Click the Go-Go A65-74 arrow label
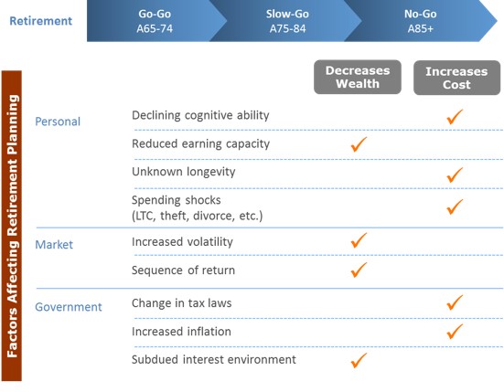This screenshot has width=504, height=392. [x=155, y=21]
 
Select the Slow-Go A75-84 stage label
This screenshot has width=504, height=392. [x=288, y=21]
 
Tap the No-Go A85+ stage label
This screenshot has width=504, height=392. [x=421, y=21]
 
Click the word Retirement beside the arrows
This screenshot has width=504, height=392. [x=41, y=21]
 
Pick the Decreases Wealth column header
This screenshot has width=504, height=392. [x=358, y=77]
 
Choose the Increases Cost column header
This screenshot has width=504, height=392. [x=456, y=78]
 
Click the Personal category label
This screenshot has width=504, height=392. [x=58, y=122]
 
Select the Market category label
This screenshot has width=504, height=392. [x=54, y=245]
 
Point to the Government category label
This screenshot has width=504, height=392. [x=69, y=307]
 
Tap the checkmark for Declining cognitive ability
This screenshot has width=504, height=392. [x=455, y=117]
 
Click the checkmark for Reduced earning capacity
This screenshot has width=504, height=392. [x=359, y=144]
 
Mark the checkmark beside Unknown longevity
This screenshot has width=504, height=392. [x=455, y=175]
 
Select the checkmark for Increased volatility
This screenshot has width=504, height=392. [x=359, y=240]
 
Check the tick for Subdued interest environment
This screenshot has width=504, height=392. [x=359, y=360]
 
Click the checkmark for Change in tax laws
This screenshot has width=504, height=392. [x=455, y=302]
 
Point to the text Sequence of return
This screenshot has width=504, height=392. [x=183, y=270]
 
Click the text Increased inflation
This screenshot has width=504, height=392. [x=181, y=332]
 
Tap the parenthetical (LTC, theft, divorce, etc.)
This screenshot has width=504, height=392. [x=197, y=216]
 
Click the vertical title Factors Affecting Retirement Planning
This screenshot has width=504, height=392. [x=12, y=226]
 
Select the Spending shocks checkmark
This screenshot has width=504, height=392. [x=455, y=207]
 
